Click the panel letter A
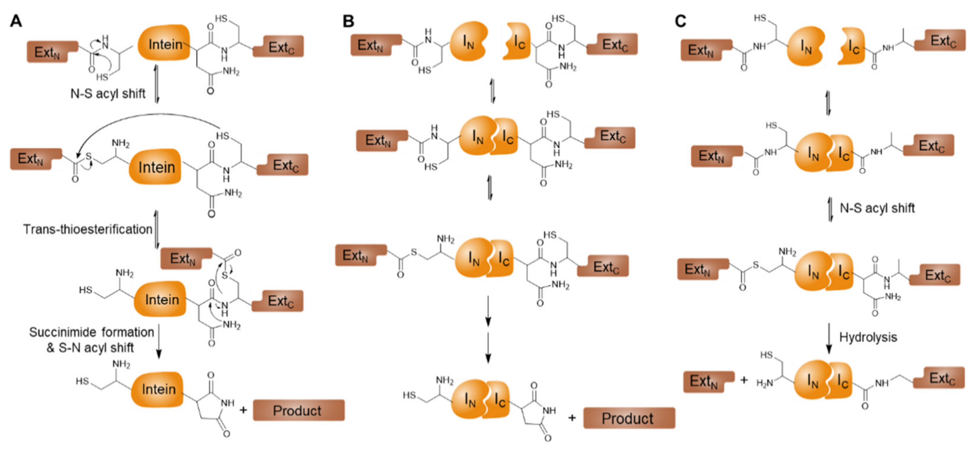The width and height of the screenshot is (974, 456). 16,21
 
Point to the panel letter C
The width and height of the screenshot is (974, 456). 680,21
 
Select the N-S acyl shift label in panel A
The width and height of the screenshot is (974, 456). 108,93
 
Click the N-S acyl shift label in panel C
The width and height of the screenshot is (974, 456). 877,208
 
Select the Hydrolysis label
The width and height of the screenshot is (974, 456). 868,337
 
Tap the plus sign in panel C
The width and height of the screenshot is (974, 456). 744,380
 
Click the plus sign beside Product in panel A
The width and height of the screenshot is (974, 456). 243,409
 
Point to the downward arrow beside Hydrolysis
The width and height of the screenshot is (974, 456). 829,338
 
